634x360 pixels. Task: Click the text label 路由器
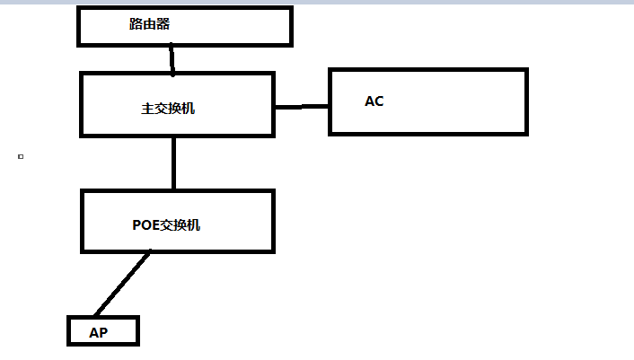pos(149,24)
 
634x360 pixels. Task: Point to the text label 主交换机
pos(168,109)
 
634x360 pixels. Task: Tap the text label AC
pos(374,101)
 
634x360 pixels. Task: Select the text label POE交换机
pos(166,224)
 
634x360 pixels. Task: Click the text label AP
pos(98,332)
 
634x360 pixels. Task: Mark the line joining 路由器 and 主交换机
pos(172,60)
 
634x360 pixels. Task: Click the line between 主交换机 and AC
pos(302,107)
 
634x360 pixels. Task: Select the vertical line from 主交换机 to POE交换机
pos(173,163)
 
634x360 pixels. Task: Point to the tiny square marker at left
pos(21,156)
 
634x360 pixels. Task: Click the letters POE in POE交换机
pos(145,224)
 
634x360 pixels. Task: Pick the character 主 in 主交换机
pos(147,109)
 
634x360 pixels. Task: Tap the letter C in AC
pos(379,101)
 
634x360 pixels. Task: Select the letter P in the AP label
pos(103,332)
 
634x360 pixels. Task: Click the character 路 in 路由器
pos(136,24)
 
